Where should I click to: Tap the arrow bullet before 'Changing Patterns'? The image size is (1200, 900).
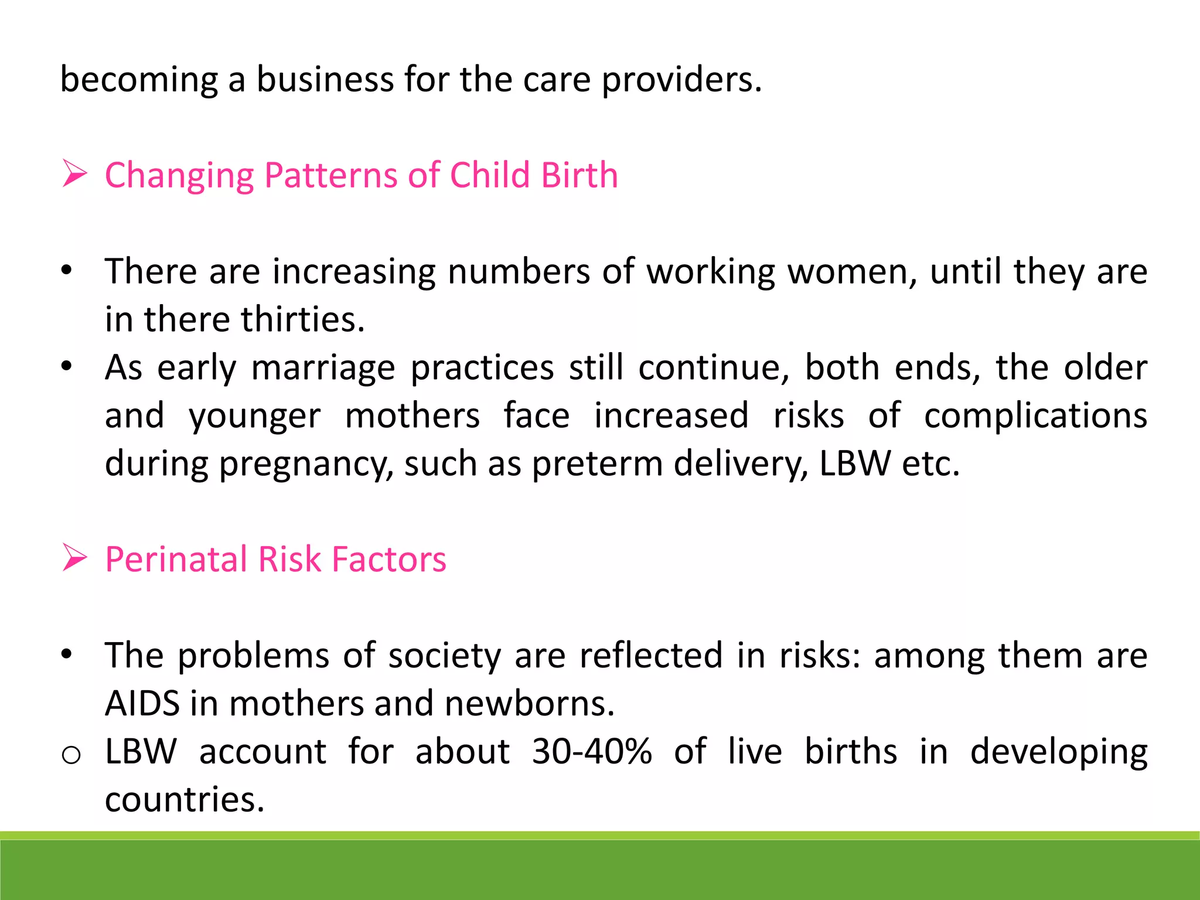tap(74, 175)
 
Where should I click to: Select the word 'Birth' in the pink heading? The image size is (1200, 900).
tap(579, 175)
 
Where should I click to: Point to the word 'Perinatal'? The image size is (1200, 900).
tap(176, 559)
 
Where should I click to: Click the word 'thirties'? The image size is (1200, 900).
tap(302, 319)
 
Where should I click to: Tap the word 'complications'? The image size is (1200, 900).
tap(1035, 416)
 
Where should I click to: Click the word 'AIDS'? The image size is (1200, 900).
tap(142, 703)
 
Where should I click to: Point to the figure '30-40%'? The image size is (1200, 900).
tap(592, 751)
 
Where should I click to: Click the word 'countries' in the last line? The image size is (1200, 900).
tap(184, 799)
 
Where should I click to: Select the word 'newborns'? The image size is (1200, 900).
tap(529, 703)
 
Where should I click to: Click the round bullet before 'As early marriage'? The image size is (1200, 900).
tap(67, 366)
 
